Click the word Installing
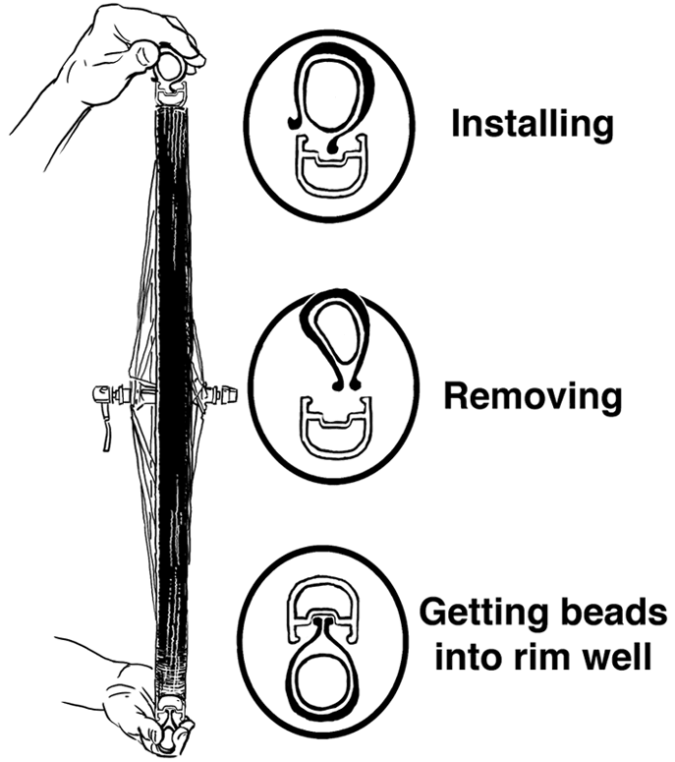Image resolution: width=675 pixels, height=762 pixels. (531, 125)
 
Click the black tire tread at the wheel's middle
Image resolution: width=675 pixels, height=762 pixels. (174, 393)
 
